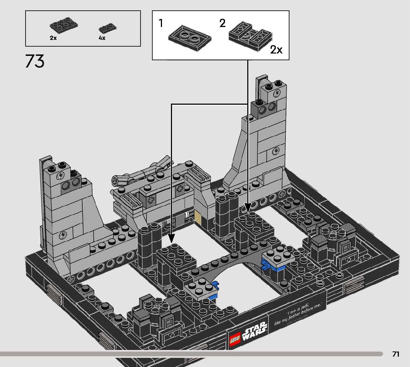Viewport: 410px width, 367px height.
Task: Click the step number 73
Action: coord(35,61)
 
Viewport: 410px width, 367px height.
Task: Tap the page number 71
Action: coord(396,354)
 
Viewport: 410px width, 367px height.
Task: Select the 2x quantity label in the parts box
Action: coord(53,38)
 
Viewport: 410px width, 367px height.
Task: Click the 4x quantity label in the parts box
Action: coord(102,38)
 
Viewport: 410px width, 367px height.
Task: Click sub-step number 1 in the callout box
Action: coord(161,24)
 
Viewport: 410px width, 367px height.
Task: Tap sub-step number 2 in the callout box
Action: coord(222,24)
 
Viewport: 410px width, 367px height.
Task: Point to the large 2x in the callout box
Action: coord(276,50)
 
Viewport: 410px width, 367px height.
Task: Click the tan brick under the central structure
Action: coord(197,218)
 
